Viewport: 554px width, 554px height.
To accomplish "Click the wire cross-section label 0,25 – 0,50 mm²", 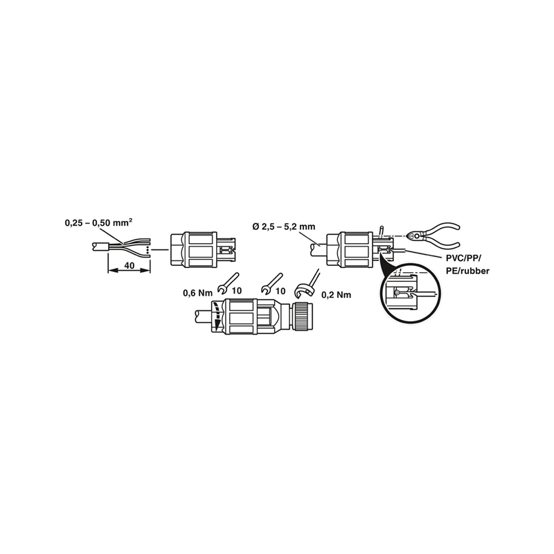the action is pos(99,223).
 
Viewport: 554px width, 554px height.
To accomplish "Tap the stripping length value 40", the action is pos(129,265).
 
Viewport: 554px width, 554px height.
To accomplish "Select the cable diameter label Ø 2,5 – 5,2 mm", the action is pos(284,227).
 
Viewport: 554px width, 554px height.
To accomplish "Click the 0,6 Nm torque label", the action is pos(197,292).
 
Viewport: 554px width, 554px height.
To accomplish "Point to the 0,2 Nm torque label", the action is pos(337,295).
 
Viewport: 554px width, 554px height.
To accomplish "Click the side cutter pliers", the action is pos(434,235).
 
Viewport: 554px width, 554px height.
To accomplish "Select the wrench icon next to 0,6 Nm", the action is pos(228,283).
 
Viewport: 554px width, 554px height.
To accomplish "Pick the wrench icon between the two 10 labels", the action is pos(271,283).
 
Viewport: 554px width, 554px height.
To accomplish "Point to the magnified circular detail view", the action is pos(410,294).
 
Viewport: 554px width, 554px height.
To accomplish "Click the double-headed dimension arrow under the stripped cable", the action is pos(129,270).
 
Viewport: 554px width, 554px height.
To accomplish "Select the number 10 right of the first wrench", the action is pos(237,291).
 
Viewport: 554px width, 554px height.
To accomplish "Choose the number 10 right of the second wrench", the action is pos(280,291).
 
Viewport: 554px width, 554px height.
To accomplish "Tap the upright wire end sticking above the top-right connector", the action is pos(382,230).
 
